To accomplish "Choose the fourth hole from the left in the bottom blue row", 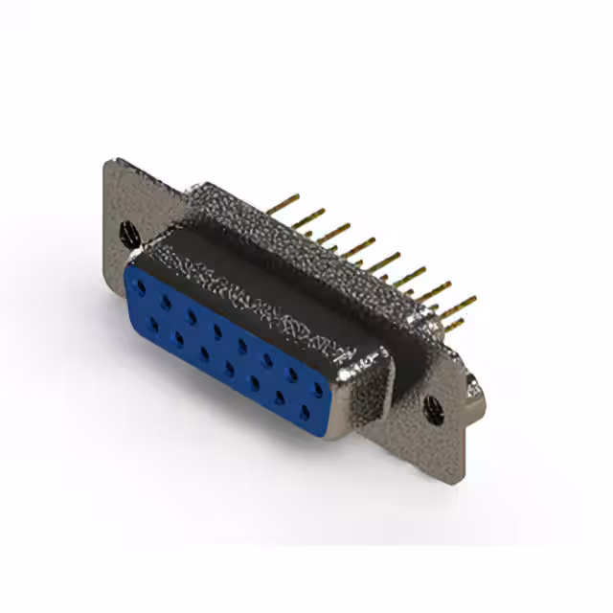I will [x=230, y=367].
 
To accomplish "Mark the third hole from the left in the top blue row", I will [x=193, y=315].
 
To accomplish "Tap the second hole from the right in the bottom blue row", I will [x=281, y=397].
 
